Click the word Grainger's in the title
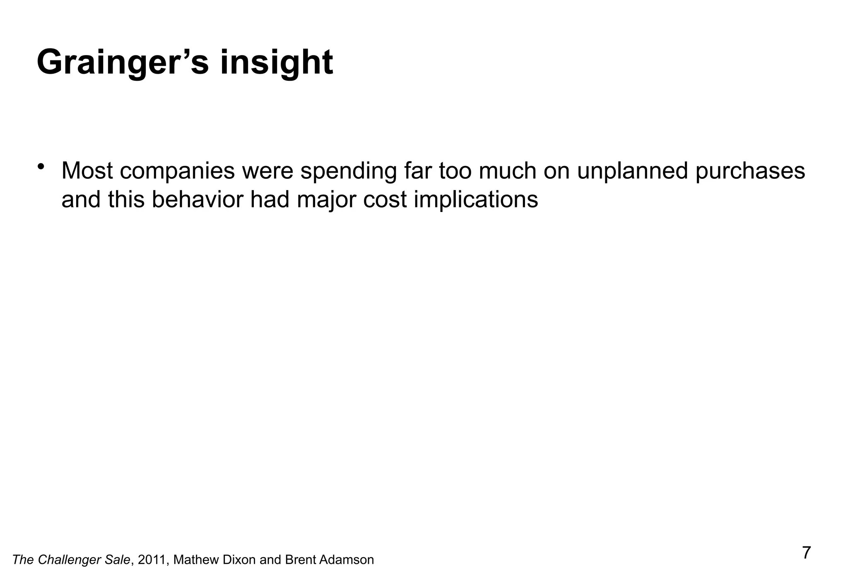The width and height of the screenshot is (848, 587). click(123, 63)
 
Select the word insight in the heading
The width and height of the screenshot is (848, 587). click(276, 63)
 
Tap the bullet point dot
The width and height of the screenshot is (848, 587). click(41, 166)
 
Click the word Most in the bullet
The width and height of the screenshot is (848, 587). click(87, 171)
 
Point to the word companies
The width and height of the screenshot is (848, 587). click(177, 171)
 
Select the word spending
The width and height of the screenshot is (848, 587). click(348, 171)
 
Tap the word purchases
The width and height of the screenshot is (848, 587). click(750, 171)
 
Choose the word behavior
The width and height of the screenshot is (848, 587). click(197, 200)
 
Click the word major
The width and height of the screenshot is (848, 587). click(327, 200)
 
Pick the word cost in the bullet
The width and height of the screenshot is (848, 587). click(385, 200)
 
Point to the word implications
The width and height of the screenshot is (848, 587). click(476, 200)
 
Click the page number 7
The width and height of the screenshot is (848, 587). click(807, 553)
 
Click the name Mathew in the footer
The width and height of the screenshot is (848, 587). click(196, 560)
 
